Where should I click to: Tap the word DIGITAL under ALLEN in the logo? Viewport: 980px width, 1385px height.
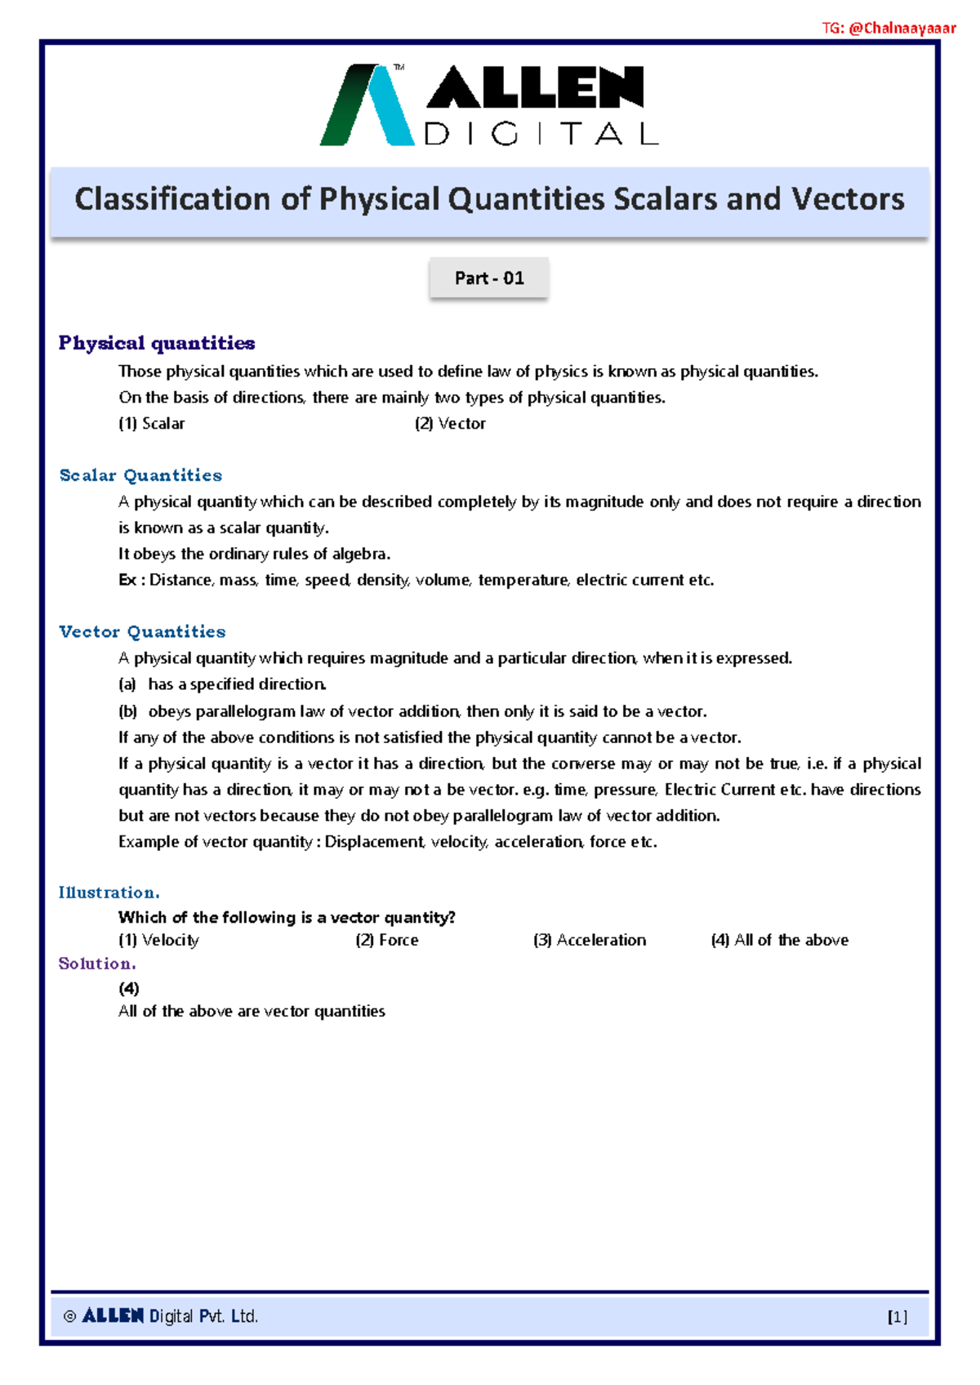(x=541, y=134)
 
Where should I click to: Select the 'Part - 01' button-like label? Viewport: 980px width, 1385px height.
(x=489, y=278)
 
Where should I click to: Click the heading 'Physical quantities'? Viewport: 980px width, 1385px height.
(x=157, y=343)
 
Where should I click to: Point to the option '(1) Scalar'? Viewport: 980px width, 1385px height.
(x=152, y=424)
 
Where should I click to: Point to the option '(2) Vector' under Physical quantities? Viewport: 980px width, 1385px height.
(x=450, y=424)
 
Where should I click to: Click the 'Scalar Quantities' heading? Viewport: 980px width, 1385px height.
(x=140, y=475)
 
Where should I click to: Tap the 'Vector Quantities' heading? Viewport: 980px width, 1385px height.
(x=142, y=631)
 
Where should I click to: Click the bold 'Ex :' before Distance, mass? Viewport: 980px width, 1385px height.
(x=131, y=581)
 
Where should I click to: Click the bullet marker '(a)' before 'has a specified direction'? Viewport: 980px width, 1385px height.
(x=127, y=684)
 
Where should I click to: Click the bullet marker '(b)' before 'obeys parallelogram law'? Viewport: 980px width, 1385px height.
(x=127, y=711)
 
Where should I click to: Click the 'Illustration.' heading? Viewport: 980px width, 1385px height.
(x=109, y=893)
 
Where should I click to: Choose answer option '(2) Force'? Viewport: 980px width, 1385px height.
(x=387, y=940)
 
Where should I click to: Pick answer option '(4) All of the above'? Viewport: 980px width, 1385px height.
(x=780, y=940)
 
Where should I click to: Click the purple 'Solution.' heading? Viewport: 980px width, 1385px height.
(x=97, y=964)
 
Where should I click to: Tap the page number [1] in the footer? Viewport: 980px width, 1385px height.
(x=897, y=1316)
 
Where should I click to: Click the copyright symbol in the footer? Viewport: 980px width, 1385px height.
(x=69, y=1316)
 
